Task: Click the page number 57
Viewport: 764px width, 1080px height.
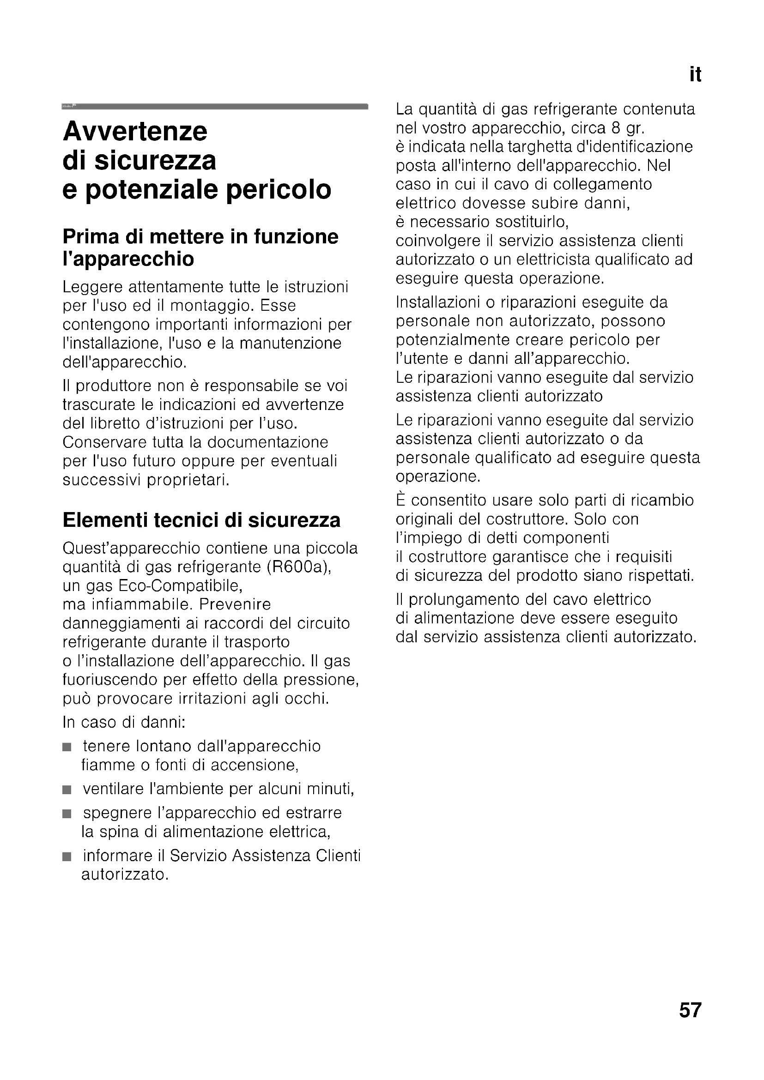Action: pyautogui.click(x=690, y=1010)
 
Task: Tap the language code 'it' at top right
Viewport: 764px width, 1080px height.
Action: pyautogui.click(x=695, y=75)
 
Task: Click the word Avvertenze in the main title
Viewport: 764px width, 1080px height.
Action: pyautogui.click(x=135, y=131)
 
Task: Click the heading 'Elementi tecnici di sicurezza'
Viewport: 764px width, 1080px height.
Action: pyautogui.click(x=201, y=520)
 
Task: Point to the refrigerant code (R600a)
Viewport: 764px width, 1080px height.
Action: pyautogui.click(x=299, y=567)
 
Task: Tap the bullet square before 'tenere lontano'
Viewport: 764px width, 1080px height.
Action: pyautogui.click(x=67, y=747)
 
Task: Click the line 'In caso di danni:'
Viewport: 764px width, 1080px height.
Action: pyautogui.click(x=124, y=723)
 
